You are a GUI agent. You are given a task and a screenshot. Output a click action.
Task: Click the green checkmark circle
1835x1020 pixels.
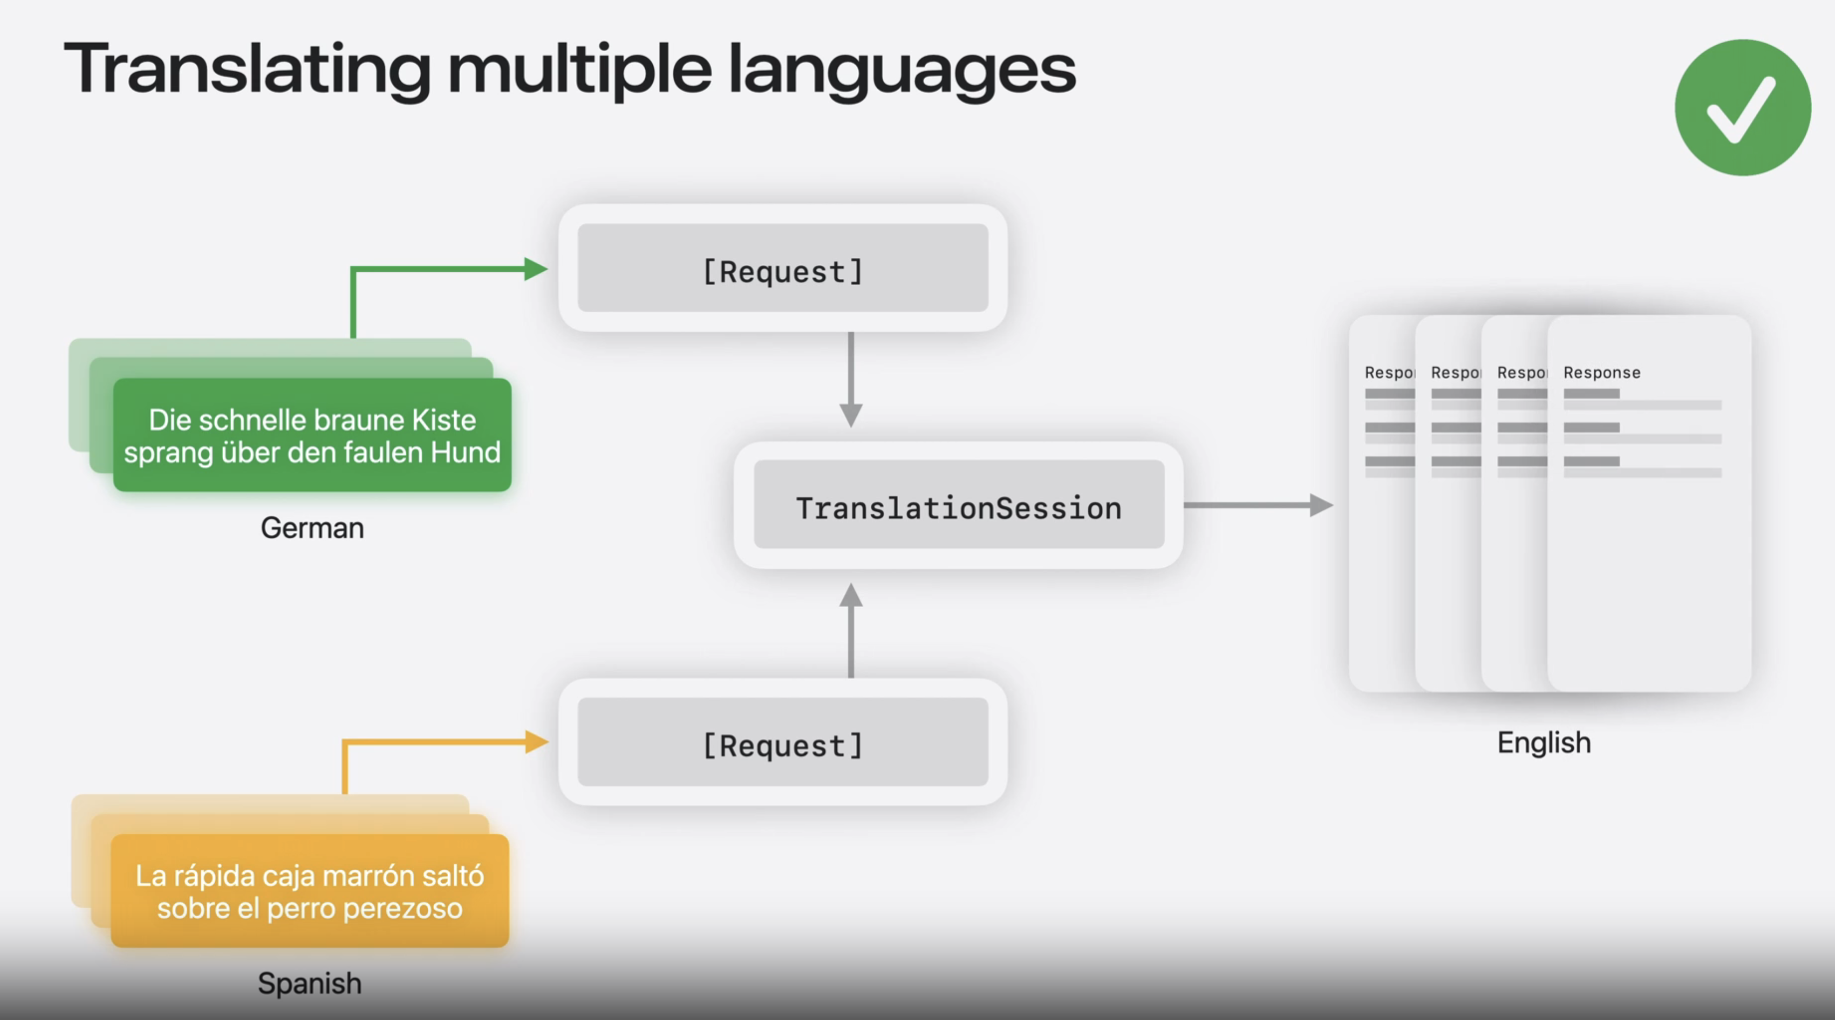pyautogui.click(x=1742, y=107)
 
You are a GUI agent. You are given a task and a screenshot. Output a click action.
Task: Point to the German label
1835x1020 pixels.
pyautogui.click(x=312, y=528)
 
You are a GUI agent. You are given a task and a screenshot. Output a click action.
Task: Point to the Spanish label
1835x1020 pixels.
pyautogui.click(x=309, y=983)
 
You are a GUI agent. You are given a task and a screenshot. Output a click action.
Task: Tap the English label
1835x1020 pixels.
pyautogui.click(x=1544, y=743)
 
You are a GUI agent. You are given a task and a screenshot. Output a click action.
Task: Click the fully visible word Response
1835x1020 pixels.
pyautogui.click(x=1601, y=373)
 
